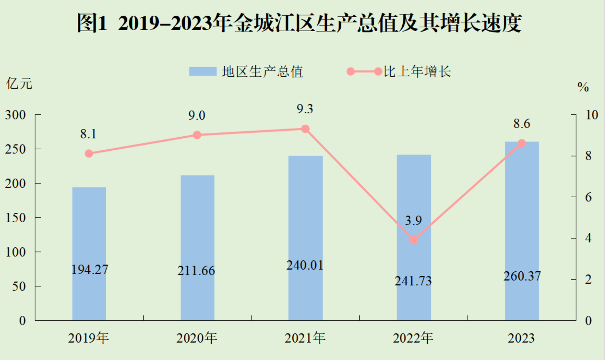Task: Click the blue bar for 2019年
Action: click(x=89, y=233)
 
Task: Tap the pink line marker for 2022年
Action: click(x=414, y=240)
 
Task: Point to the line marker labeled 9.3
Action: click(x=305, y=129)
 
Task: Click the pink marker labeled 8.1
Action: click(x=89, y=153)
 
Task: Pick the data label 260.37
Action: click(x=522, y=276)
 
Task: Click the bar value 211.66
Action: click(x=196, y=271)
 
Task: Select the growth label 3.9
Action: click(x=413, y=221)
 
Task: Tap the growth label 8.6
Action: click(x=522, y=124)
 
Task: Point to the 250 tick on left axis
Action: click(x=15, y=149)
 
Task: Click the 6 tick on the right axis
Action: click(x=588, y=197)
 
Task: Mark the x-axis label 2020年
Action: click(x=197, y=338)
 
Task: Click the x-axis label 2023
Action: click(x=521, y=338)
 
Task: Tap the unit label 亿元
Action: click(x=19, y=84)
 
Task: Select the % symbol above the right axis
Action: click(x=583, y=87)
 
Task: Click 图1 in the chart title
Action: click(x=92, y=23)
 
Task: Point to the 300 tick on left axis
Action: click(x=15, y=115)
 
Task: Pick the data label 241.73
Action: click(x=413, y=281)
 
